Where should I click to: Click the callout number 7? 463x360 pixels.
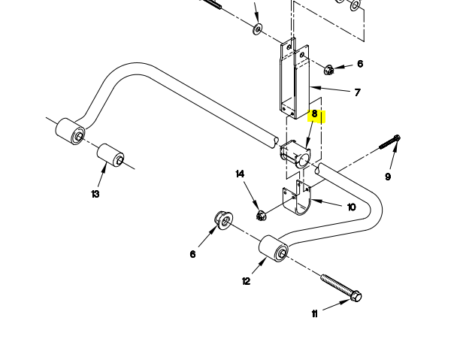[x=357, y=92]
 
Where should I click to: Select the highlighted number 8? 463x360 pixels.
[x=315, y=115]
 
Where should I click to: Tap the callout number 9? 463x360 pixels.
[x=388, y=177]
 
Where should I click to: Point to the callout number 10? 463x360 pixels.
[x=351, y=207]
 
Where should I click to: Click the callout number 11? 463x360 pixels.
[x=314, y=314]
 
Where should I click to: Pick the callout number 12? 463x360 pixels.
[x=246, y=281]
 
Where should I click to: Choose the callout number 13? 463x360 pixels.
[x=95, y=194]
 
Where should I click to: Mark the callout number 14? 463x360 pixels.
[x=240, y=174]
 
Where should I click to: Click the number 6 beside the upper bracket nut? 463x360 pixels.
[x=360, y=64]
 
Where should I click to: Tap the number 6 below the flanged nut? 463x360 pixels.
[x=192, y=254]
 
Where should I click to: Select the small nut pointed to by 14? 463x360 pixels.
[x=262, y=216]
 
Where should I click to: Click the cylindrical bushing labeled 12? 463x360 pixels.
[x=273, y=250]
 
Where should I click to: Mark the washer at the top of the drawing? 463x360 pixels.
[x=258, y=29]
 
